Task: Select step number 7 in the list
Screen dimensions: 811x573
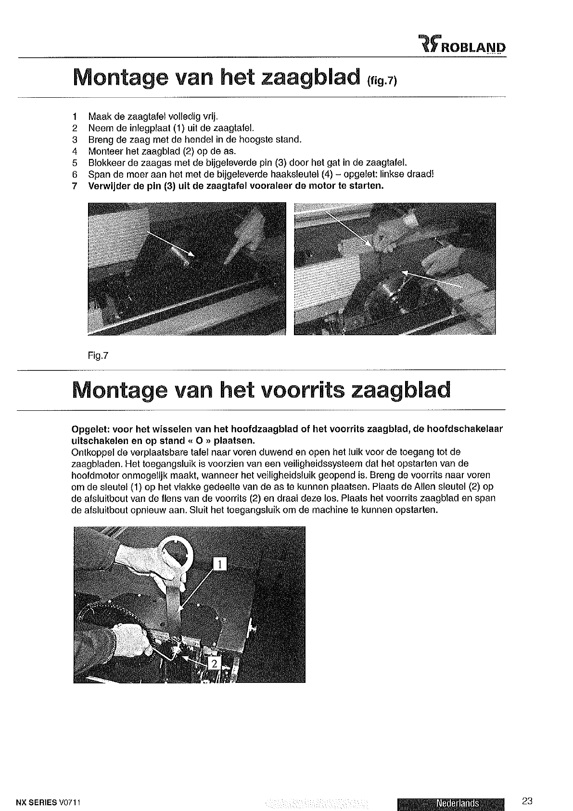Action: coord(74,186)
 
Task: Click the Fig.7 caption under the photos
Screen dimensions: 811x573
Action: coord(98,356)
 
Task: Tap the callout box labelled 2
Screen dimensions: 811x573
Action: coord(214,664)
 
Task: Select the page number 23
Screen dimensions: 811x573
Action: coord(527,775)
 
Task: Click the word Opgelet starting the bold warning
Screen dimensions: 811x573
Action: coord(89,430)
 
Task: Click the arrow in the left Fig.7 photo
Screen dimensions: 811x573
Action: coord(170,244)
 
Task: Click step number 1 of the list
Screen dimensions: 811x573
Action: coord(74,117)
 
